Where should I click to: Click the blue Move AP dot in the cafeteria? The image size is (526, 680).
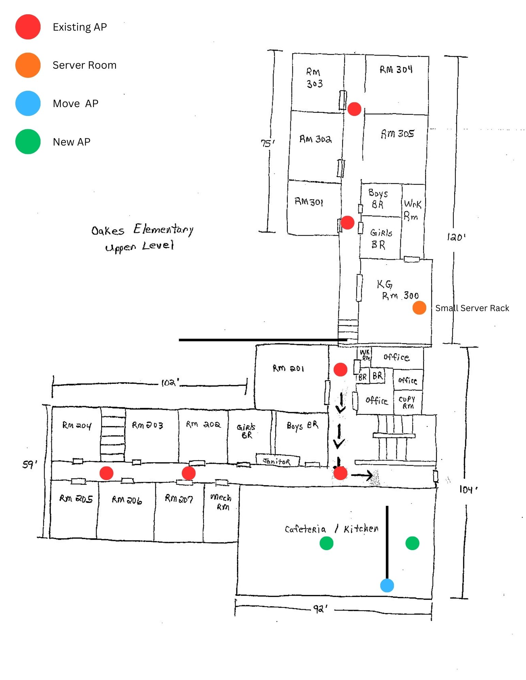pyautogui.click(x=387, y=585)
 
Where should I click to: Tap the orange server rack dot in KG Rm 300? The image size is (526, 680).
pyautogui.click(x=419, y=308)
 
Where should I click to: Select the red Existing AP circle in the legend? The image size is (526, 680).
pyautogui.click(x=28, y=27)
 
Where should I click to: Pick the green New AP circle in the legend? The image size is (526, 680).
pyautogui.click(x=28, y=141)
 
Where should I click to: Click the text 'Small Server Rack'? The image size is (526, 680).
pyautogui.click(x=472, y=308)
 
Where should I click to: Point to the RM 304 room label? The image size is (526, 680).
pyautogui.click(x=396, y=70)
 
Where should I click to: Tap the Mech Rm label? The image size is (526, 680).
pyautogui.click(x=221, y=502)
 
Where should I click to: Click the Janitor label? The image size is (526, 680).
pyautogui.click(x=277, y=461)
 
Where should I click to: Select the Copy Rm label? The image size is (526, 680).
pyautogui.click(x=407, y=402)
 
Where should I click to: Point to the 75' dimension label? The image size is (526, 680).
pyautogui.click(x=267, y=143)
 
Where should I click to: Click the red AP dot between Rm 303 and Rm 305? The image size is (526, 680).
pyautogui.click(x=354, y=109)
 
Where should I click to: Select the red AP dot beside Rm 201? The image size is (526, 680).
pyautogui.click(x=340, y=369)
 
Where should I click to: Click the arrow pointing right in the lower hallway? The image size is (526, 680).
pyautogui.click(x=362, y=475)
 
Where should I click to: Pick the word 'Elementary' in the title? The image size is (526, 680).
pyautogui.click(x=163, y=230)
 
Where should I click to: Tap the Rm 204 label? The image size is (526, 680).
pyautogui.click(x=77, y=425)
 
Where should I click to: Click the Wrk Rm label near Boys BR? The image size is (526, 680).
pyautogui.click(x=412, y=210)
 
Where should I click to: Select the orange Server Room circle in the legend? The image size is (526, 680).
pyautogui.click(x=28, y=65)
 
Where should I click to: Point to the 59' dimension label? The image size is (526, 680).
pyautogui.click(x=30, y=464)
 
